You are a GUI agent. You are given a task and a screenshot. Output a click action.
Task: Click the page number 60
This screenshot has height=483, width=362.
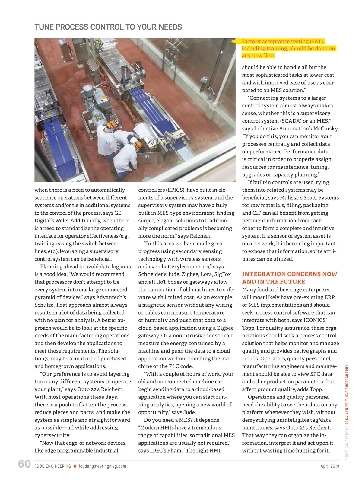pos(24,464)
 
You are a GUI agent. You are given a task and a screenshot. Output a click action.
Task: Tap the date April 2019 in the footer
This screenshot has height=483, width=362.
pos(329,466)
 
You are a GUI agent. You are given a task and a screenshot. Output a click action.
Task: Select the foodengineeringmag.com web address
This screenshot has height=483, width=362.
pos(102,466)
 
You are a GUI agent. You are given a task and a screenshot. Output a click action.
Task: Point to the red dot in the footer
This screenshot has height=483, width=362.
pos(75,466)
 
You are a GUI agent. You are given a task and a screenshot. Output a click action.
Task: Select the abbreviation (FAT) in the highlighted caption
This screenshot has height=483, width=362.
pos(317,41)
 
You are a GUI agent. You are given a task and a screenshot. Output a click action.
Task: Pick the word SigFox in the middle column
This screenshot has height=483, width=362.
pos(223,274)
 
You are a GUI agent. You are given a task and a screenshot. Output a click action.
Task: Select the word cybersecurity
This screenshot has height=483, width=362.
pos(52,435)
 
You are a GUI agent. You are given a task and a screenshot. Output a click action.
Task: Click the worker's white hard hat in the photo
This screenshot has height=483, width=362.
pos(133,140)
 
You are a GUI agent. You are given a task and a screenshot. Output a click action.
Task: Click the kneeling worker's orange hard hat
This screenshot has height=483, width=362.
pos(138,145)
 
